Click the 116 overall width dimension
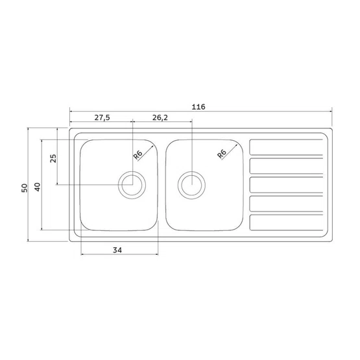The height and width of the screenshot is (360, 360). point(198,107)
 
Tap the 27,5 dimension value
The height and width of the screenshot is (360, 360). point(102,117)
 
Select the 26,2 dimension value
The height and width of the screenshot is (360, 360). point(160,117)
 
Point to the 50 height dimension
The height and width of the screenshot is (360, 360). point(25,188)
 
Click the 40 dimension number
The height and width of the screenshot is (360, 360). point(37,187)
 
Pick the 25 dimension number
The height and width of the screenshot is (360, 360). point(53,158)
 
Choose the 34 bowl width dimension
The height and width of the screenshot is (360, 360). point(117,250)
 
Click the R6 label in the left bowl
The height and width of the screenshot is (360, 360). point(138,154)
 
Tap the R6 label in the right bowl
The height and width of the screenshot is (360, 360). point(222,154)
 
